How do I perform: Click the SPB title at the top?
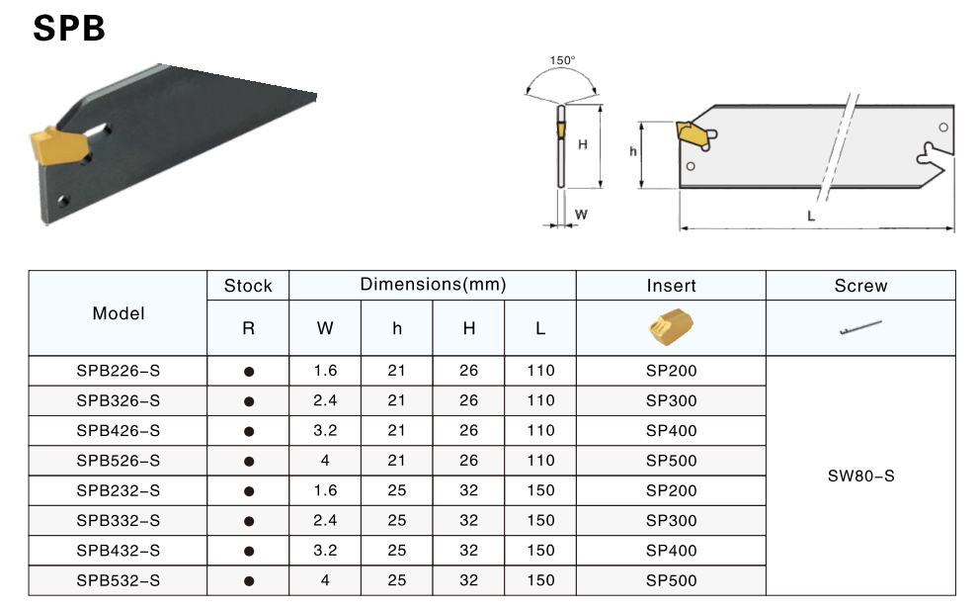point(69,29)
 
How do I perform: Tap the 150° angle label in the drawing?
point(562,61)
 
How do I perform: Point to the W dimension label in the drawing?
point(582,214)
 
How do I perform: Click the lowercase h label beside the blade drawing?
point(633,151)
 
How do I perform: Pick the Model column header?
point(119,313)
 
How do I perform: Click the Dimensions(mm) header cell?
point(433,285)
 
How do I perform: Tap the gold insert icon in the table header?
point(671,328)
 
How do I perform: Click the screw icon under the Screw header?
point(860,326)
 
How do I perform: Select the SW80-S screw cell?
point(860,476)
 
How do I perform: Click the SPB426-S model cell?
point(119,431)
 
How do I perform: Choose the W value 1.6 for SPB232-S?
point(325,490)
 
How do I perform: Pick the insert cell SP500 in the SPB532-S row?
point(671,580)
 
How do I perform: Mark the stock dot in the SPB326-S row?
point(249,401)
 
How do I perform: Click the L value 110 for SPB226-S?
point(540,372)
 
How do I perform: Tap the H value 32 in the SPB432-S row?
point(468,551)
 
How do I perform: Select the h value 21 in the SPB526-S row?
point(397,461)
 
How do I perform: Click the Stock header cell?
point(248,286)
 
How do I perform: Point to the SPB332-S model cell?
point(119,521)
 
